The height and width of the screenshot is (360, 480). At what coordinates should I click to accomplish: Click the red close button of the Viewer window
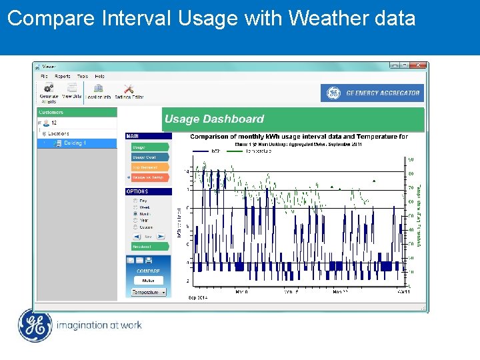(x=418, y=65)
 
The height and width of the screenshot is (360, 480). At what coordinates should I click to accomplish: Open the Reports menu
(x=63, y=76)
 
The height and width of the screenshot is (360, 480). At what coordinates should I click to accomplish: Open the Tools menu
(x=83, y=76)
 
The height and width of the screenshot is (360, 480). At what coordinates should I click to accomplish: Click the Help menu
(x=99, y=76)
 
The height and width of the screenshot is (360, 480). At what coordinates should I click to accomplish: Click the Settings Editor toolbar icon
(x=129, y=89)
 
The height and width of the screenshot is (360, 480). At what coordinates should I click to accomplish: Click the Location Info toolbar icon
(x=98, y=89)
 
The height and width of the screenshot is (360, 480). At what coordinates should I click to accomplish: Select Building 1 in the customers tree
(x=75, y=143)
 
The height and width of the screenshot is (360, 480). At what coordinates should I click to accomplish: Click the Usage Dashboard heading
(x=214, y=119)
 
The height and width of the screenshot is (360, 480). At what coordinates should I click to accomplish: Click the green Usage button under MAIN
(x=149, y=147)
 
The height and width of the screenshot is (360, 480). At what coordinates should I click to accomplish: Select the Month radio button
(x=137, y=214)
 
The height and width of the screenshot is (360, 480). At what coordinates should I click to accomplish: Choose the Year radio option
(x=137, y=220)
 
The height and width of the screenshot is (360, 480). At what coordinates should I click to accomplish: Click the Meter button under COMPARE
(x=148, y=281)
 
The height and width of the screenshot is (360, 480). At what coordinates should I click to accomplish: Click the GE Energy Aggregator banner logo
(x=372, y=93)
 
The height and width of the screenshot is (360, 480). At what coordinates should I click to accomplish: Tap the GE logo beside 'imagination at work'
(x=34, y=326)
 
